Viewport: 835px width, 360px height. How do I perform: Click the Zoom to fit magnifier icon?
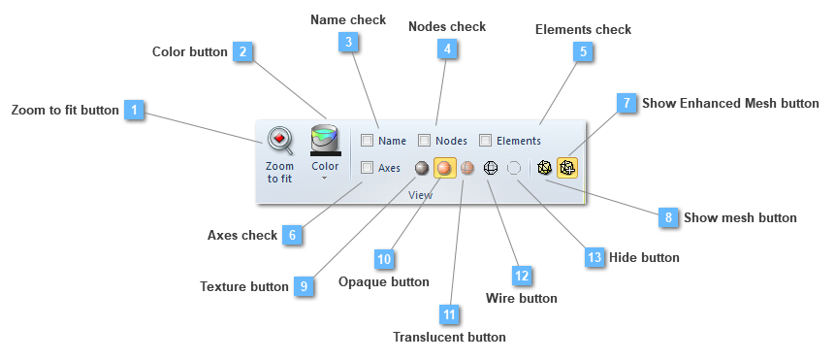coord(279,141)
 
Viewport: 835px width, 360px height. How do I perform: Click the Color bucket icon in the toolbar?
coord(325,141)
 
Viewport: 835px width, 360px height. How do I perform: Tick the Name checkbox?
coord(367,141)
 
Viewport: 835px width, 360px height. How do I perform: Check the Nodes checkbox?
coord(425,141)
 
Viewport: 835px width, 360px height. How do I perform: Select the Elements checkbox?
coord(486,141)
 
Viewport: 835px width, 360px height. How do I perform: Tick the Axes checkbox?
coord(367,168)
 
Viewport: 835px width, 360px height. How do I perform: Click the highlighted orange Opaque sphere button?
coord(445,168)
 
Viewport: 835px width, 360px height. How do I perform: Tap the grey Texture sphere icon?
coord(422,168)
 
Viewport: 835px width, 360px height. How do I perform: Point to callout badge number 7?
coord(626,103)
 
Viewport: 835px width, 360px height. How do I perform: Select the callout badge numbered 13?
coord(594,257)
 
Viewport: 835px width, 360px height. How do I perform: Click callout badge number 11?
coord(448,314)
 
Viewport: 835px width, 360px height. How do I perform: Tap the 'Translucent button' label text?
coord(449,338)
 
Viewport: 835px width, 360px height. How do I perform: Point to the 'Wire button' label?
coord(522,298)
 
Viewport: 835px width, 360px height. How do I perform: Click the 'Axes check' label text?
coord(242,235)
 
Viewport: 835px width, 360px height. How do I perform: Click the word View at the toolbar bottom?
coord(420,195)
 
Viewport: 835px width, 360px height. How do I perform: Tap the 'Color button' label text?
coord(190,51)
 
